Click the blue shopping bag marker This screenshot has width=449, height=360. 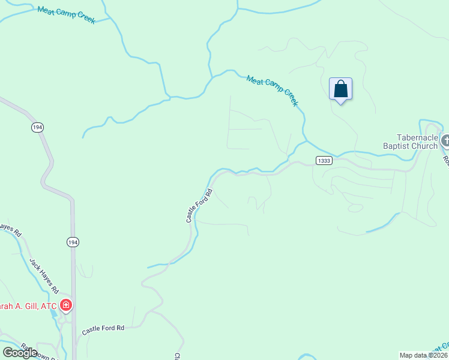340,89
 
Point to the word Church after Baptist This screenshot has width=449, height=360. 426,146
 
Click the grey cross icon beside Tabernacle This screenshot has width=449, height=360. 445,141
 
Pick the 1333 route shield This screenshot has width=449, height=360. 324,160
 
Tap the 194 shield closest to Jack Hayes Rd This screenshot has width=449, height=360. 72,241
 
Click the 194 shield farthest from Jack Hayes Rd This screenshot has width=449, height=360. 38,127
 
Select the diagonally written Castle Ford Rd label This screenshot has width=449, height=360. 199,206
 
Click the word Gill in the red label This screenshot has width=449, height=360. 28,306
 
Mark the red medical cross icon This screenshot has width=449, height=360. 65,306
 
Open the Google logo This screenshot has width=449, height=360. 20,353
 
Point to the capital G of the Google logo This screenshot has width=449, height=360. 8,353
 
